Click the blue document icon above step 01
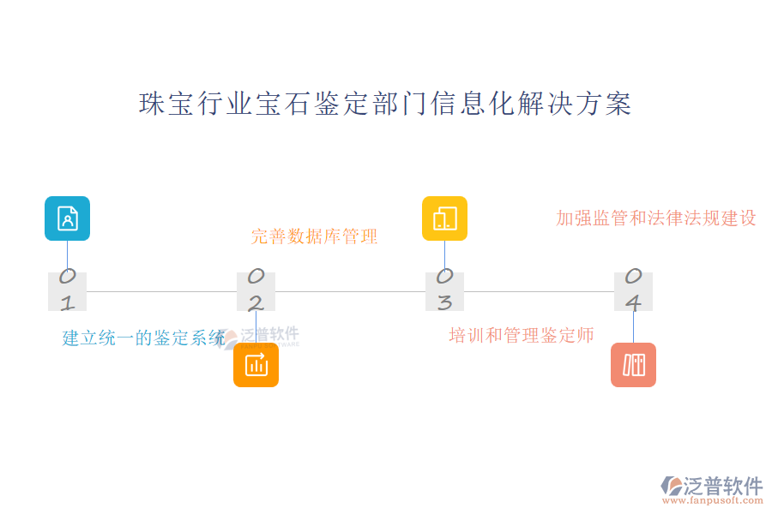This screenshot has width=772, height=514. click(x=67, y=218)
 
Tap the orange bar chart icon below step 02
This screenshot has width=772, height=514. click(x=256, y=365)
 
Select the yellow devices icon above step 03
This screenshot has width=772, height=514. click(x=444, y=218)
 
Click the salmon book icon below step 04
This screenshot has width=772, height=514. click(x=633, y=365)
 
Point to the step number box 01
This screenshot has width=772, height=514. click(x=67, y=291)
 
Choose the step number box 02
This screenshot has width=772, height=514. click(x=256, y=291)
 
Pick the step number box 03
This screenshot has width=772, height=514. click(x=444, y=291)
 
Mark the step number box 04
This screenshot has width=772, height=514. click(x=633, y=291)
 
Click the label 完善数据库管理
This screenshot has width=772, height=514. click(x=314, y=236)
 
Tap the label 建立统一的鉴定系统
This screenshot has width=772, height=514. click(x=143, y=338)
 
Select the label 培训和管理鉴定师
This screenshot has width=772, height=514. click(x=522, y=335)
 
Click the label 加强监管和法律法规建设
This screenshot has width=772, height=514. click(x=656, y=218)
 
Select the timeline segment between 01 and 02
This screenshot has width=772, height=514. click(x=161, y=291)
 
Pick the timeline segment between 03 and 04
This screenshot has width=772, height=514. click(x=539, y=291)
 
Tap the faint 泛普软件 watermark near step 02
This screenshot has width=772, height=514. click(x=268, y=336)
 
